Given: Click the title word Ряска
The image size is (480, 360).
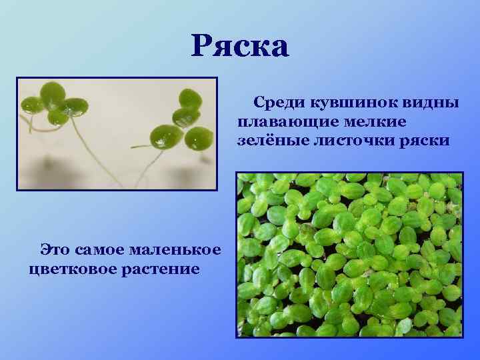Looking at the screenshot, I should tap(240, 47).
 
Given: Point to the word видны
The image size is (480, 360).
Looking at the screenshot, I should tap(433, 103).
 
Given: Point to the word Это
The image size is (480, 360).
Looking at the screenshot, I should tap(57, 250).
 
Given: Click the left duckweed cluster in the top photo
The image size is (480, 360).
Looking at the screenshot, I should tap(53, 103).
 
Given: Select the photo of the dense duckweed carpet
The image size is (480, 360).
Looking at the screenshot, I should tap(349, 255).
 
